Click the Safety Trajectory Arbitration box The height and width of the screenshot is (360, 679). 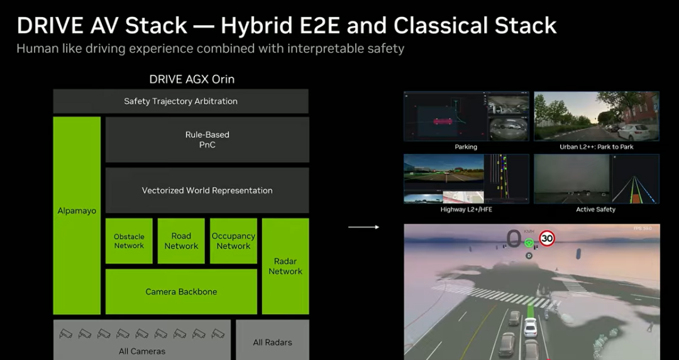click(180, 101)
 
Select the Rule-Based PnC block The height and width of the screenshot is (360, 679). click(207, 139)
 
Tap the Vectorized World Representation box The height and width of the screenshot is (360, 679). click(207, 190)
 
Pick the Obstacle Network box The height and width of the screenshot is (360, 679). click(129, 241)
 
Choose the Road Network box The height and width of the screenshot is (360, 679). click(181, 241)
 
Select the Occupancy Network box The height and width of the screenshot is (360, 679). click(233, 241)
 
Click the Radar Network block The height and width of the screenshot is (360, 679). click(285, 266)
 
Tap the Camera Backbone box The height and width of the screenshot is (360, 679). click(181, 292)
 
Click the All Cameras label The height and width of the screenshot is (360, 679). click(142, 351)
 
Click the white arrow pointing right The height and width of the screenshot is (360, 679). click(364, 227)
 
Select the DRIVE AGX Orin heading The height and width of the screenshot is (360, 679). click(192, 79)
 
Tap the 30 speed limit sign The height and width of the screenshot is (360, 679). click(547, 238)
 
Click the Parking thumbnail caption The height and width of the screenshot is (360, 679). click(466, 147)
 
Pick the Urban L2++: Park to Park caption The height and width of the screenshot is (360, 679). click(597, 147)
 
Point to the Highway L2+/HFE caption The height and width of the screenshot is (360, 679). click(466, 209)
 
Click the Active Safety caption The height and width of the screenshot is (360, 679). click(595, 209)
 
